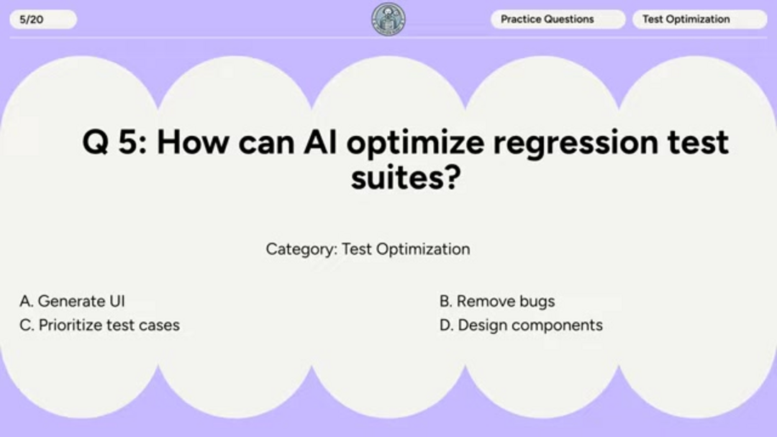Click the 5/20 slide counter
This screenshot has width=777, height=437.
43,19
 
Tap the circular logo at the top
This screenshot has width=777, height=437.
388,19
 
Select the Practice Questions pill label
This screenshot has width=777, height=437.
558,19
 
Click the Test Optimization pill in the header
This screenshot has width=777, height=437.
700,19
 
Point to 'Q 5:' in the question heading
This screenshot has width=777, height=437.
114,142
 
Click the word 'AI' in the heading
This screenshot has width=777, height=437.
320,142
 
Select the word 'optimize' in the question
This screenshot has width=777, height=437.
415,144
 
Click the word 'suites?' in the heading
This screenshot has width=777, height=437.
406,178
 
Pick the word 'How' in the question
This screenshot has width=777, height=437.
194,142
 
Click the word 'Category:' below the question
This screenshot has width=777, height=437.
301,249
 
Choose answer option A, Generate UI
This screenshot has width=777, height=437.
73,301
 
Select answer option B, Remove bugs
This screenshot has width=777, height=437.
497,301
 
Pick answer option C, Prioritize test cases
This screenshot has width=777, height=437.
99,325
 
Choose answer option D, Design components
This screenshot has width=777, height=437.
521,326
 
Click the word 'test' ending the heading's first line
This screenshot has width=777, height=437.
698,142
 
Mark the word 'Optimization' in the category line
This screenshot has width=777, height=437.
423,249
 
